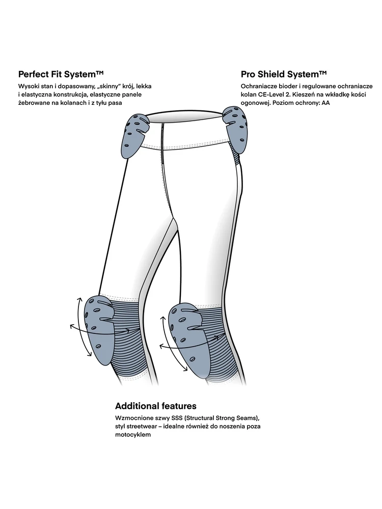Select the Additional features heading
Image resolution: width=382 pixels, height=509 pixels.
point(156,406)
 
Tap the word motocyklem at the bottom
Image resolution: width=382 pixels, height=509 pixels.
point(133,435)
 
